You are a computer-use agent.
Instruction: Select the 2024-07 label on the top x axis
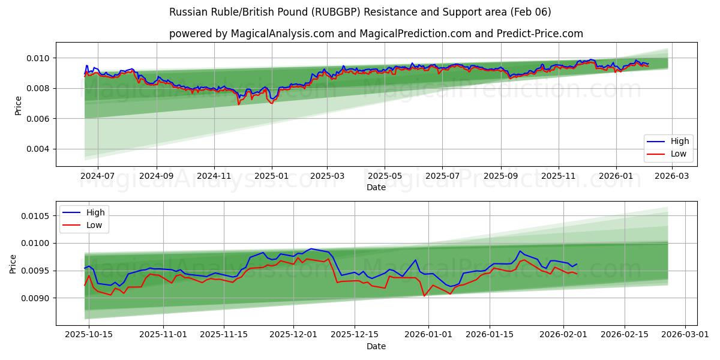pyautogui.click(x=97, y=176)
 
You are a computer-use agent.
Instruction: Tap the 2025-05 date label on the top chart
pyautogui.click(x=385, y=176)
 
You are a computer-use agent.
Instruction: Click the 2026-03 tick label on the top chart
pyautogui.click(x=671, y=176)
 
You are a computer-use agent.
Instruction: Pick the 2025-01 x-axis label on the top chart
pyautogui.click(x=272, y=176)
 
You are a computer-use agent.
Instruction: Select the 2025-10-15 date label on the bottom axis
pyautogui.click(x=89, y=335)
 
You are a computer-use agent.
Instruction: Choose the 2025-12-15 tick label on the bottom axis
pyautogui.click(x=354, y=335)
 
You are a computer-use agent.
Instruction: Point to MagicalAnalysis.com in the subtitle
pyautogui.click(x=283, y=34)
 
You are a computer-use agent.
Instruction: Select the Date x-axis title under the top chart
pyautogui.click(x=376, y=187)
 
